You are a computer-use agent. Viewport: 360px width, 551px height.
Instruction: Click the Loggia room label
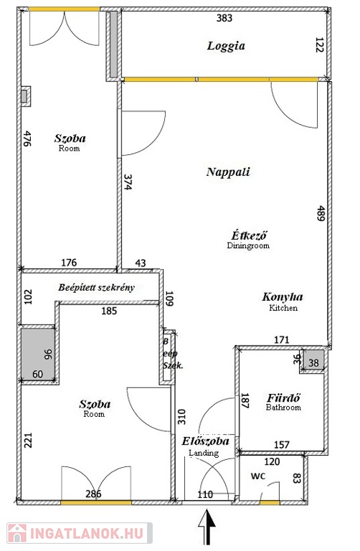click(226, 46)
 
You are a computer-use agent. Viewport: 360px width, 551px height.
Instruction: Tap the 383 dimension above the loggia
click(224, 18)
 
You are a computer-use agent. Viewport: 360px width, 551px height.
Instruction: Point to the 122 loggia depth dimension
click(319, 45)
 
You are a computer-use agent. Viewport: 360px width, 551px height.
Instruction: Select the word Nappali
click(228, 172)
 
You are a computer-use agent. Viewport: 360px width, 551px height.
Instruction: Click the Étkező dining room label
click(250, 235)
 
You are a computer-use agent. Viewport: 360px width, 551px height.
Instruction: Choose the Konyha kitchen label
click(283, 297)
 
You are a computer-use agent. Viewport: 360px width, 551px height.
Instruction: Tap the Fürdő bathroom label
click(283, 398)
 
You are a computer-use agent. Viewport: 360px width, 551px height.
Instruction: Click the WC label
click(258, 476)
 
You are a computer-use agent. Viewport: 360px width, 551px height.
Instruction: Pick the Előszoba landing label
click(206, 441)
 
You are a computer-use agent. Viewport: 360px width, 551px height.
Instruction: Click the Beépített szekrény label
click(96, 288)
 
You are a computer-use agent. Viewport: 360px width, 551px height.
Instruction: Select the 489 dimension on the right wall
click(321, 213)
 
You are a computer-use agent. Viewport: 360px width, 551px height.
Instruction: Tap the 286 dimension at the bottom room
click(93, 494)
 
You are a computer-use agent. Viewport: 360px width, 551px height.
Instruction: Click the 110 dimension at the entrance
click(205, 494)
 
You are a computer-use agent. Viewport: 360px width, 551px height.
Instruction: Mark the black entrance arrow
click(207, 528)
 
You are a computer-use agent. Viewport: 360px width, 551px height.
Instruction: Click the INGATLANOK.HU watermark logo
click(80, 533)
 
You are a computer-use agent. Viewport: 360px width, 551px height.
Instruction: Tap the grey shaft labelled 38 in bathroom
click(313, 362)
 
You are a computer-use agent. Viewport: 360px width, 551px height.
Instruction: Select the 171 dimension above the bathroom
click(282, 340)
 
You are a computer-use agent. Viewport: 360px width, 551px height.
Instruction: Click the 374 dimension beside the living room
click(128, 182)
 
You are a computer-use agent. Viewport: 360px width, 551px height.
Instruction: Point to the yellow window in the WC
click(270, 503)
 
